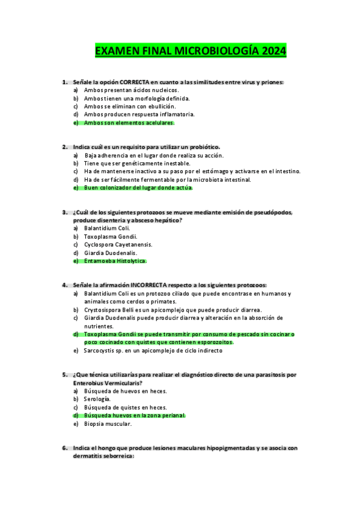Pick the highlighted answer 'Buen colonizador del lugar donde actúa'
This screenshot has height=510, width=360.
pos(138,188)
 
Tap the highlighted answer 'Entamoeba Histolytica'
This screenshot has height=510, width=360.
pos(115,261)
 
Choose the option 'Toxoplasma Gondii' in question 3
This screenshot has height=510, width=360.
pos(111,236)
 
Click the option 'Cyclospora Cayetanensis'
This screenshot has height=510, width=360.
pos(118,245)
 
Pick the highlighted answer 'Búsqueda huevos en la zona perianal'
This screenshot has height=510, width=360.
pos(134,416)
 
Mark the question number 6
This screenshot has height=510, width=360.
pos(64,448)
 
